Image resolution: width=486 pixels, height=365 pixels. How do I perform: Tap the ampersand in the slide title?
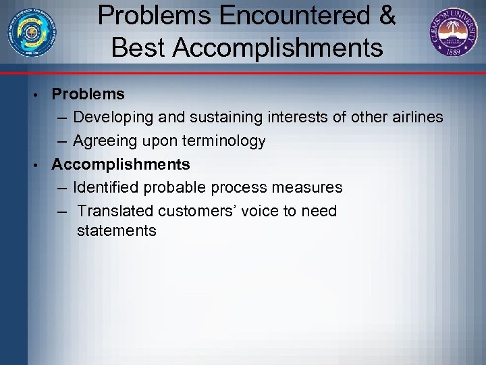click(x=387, y=16)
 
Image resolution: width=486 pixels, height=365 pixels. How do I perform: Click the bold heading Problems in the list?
click(x=88, y=94)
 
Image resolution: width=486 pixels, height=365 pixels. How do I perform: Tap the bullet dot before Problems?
click(x=41, y=94)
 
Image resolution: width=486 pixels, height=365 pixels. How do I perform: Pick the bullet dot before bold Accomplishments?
click(x=41, y=164)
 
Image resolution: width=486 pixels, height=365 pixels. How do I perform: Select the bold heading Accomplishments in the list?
click(x=121, y=164)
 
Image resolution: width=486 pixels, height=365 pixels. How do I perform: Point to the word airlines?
click(x=417, y=118)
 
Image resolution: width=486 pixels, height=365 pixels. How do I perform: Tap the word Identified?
click(x=106, y=187)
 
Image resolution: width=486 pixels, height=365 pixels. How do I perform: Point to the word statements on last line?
click(x=117, y=231)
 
